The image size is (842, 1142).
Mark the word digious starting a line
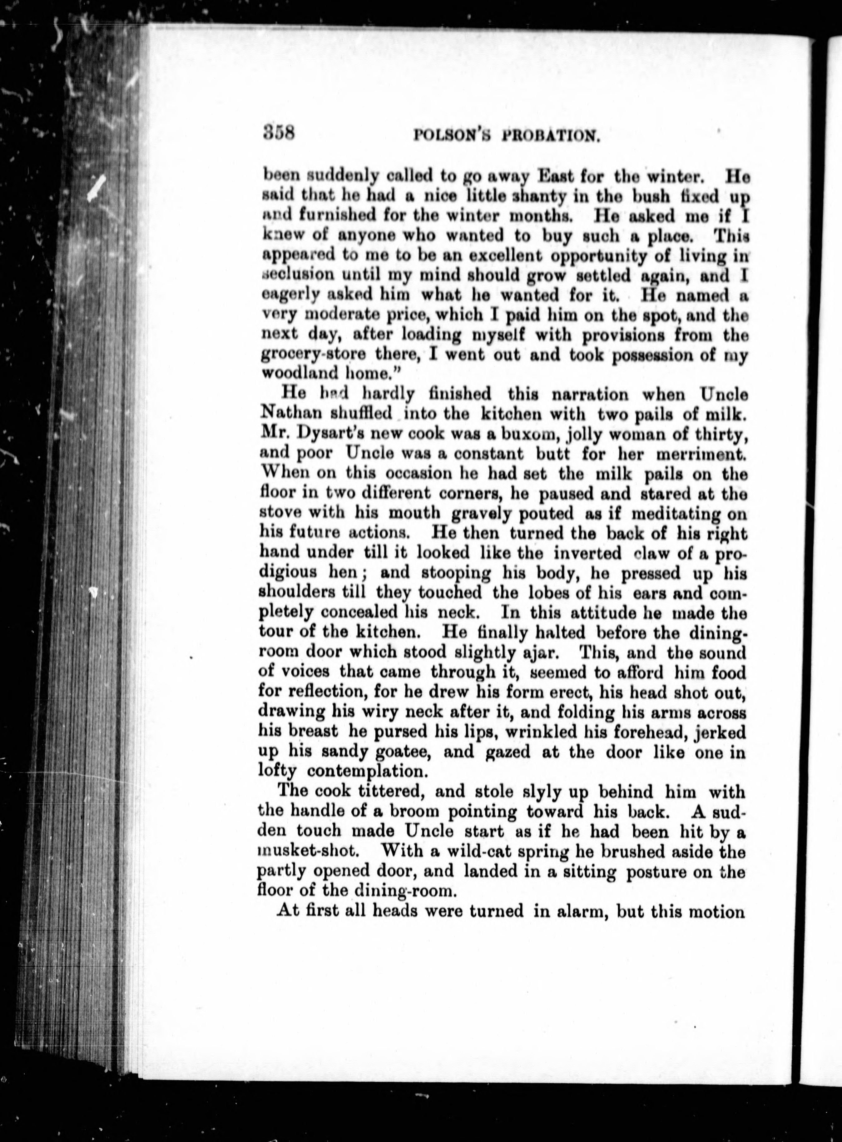pyautogui.click(x=287, y=573)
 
